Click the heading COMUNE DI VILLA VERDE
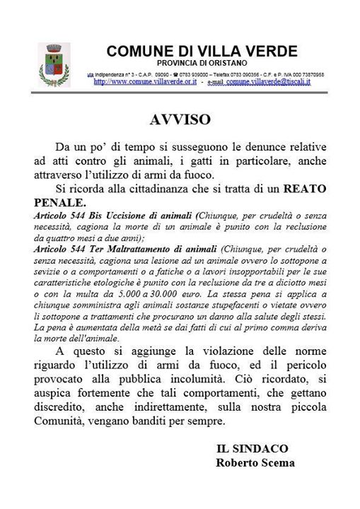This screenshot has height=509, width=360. point(202,52)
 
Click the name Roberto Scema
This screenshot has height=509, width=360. point(255,463)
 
